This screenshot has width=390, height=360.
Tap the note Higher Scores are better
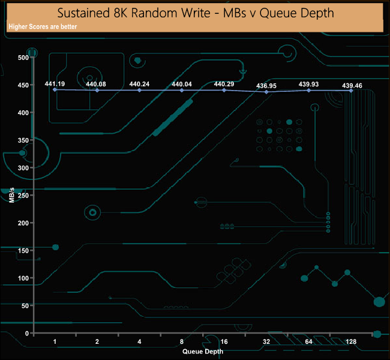pyautogui.click(x=43, y=27)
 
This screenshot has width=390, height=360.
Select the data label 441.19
pyautogui.click(x=55, y=83)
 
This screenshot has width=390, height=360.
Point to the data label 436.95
pyautogui.click(x=266, y=86)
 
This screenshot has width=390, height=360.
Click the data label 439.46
pyautogui.click(x=352, y=86)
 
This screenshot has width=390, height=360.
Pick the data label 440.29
pyautogui.click(x=224, y=84)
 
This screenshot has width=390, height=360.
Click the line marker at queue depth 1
pyautogui.click(x=55, y=89)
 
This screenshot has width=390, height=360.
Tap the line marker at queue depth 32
pyautogui.click(x=266, y=92)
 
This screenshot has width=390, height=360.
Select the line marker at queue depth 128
pyautogui.click(x=351, y=91)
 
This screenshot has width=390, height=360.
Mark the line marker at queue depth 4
pyautogui.click(x=139, y=90)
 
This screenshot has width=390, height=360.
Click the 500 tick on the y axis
pyautogui.click(x=23, y=58)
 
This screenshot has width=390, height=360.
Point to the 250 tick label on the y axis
pyautogui.click(x=23, y=196)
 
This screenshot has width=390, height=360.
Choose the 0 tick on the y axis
pyautogui.click(x=27, y=333)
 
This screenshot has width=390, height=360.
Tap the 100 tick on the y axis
pyautogui.click(x=23, y=278)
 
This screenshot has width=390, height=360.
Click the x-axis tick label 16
pyautogui.click(x=224, y=342)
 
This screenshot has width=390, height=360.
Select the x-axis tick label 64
pyautogui.click(x=308, y=342)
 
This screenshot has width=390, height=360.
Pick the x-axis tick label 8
pyautogui.click(x=181, y=342)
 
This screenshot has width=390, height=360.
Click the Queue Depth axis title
pyautogui.click(x=203, y=351)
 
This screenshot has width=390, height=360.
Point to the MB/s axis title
pyautogui.click(x=12, y=194)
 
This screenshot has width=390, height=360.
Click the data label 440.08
pyautogui.click(x=97, y=84)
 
